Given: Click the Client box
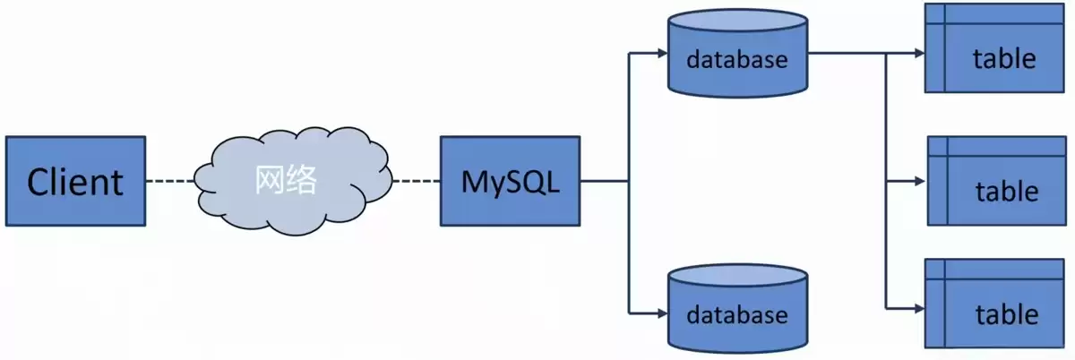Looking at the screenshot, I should click(75, 181).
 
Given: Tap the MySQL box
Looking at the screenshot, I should click(510, 181).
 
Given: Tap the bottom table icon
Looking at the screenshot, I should click(995, 304).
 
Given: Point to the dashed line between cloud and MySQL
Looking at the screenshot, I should click(414, 181).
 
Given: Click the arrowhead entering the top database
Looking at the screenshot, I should click(662, 53).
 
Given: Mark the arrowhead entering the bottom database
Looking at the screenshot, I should click(662, 313).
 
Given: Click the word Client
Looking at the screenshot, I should click(75, 182).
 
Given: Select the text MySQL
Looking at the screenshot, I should click(510, 182).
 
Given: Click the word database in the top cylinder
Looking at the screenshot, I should click(737, 60).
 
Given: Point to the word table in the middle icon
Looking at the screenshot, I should click(1007, 192).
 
